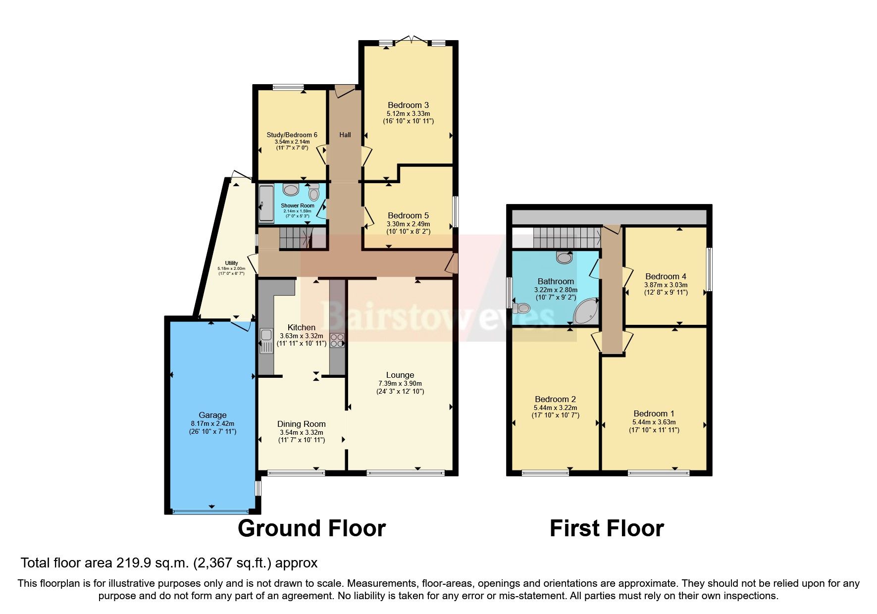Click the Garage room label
click(212, 415)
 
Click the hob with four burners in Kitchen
click(337, 340)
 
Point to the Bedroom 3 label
click(408, 105)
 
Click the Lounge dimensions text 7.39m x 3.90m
click(400, 383)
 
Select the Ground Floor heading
click(311, 528)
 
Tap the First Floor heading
click(606, 528)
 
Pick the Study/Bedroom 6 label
click(292, 135)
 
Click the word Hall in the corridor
click(345, 135)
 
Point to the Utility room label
click(231, 263)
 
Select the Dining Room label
click(301, 424)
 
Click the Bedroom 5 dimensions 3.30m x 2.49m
click(408, 224)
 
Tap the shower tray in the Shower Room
click(265, 204)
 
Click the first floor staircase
click(565, 237)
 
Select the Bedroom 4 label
click(666, 276)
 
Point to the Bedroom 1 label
click(654, 413)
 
